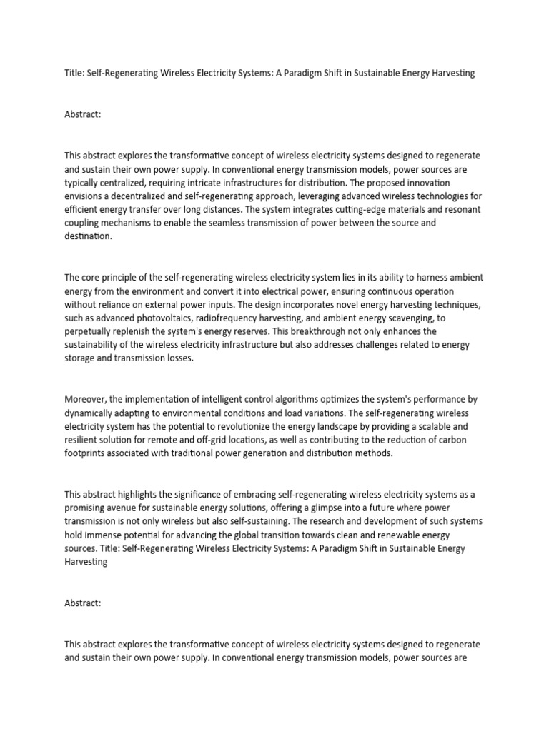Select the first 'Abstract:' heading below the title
click(x=83, y=114)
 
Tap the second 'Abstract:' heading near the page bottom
click(x=83, y=603)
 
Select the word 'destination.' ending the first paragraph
click(x=89, y=236)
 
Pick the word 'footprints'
click(x=87, y=453)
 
